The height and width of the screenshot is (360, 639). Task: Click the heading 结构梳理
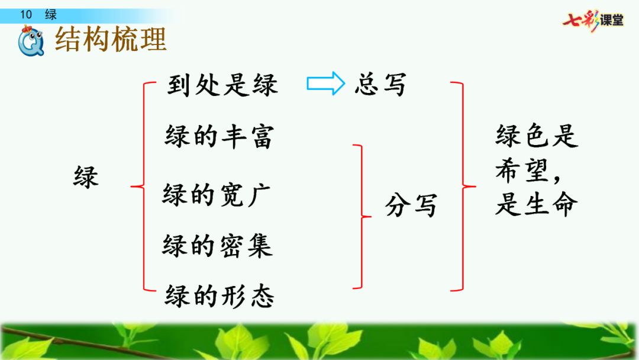[x=111, y=40]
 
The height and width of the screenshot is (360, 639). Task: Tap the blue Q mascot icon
[x=31, y=43]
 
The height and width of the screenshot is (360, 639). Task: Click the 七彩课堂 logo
[x=593, y=20]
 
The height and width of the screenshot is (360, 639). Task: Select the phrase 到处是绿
[x=222, y=85]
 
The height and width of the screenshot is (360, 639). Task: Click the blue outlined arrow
[x=325, y=83]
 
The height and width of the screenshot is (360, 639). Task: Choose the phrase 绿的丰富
[x=219, y=137]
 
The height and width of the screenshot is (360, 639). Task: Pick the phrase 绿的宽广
[x=217, y=195]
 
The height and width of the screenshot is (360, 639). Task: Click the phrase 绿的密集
[x=217, y=245]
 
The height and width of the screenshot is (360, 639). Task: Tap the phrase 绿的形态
[x=220, y=295]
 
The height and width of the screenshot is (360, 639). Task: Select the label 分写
[x=411, y=206]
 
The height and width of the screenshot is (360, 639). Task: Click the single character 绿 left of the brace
[x=86, y=176]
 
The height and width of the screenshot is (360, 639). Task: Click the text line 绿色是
[x=536, y=137]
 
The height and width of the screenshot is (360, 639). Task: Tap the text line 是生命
[x=536, y=205]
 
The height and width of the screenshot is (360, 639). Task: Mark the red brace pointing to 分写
[x=362, y=217]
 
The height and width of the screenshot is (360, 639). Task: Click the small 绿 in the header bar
[x=51, y=15]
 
